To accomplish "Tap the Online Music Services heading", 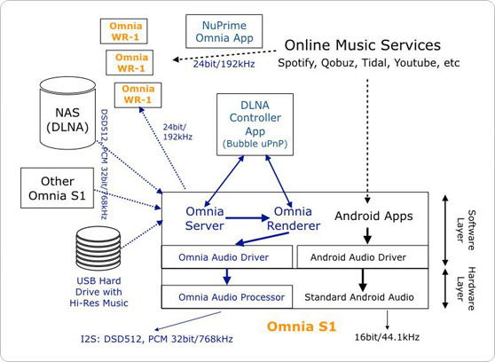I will click(x=362, y=45).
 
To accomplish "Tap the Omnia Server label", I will click(x=205, y=218).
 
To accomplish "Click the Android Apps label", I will click(x=373, y=216).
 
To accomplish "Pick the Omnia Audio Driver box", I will click(x=226, y=257).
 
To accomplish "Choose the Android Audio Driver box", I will click(x=362, y=257).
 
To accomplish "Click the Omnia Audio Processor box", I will click(x=226, y=297).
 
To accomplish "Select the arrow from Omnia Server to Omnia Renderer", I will click(x=249, y=216).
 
